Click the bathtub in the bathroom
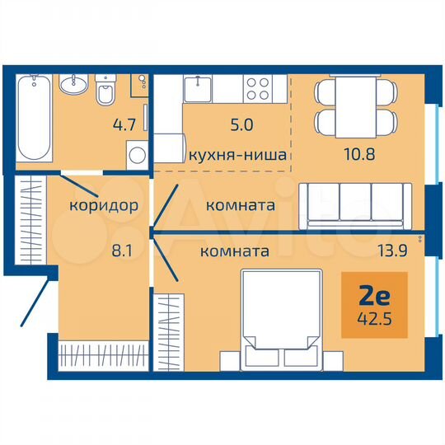pos(34,117)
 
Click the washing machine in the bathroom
pos(135,154)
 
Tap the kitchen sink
pos(199,87)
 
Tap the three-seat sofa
pos(355,204)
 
